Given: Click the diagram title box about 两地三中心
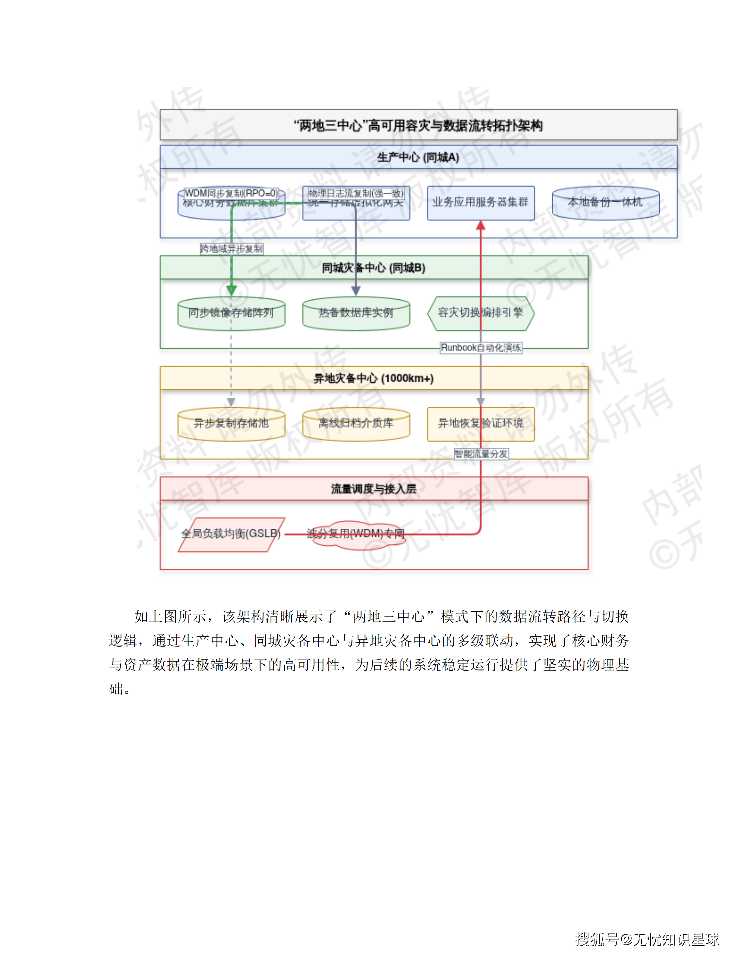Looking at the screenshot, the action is point(418,125).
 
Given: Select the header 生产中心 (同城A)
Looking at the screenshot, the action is point(418,157).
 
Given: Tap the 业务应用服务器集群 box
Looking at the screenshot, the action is point(481,203).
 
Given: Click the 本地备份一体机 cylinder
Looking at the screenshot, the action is point(606,203).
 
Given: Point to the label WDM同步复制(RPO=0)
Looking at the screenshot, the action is point(231,193).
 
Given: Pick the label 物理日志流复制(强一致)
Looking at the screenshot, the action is point(356,193).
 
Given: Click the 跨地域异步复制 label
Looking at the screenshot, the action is point(231,249).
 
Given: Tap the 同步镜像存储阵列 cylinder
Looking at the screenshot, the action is point(231,314).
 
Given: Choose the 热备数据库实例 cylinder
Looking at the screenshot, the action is point(356,314).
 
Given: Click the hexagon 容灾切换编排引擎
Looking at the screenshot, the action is point(481,313).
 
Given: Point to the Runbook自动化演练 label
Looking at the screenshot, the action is point(481,348).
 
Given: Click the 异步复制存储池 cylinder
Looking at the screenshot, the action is point(231,424).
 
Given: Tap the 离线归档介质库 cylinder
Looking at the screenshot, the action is point(356,424).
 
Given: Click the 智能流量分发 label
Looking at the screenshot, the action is point(481,454).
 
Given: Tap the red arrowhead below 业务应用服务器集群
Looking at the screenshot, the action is point(481,225).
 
